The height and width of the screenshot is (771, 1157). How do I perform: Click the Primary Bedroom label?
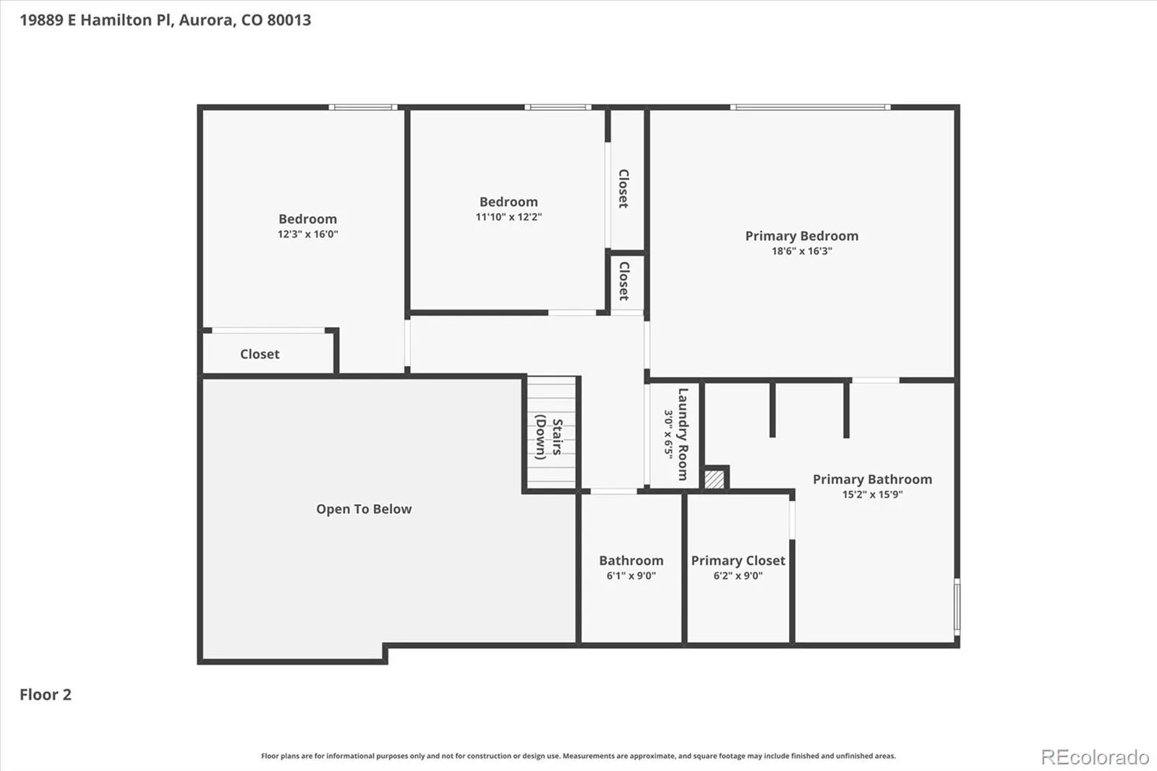pos(802,237)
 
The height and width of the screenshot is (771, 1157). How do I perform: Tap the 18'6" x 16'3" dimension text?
pos(802,251)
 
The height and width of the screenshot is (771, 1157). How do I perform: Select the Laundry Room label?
pos(683,434)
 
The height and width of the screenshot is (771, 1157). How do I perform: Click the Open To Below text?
pos(364,509)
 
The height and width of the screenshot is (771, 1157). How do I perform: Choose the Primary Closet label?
pos(738,561)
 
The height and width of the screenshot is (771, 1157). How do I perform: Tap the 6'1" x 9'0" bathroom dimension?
pos(631,576)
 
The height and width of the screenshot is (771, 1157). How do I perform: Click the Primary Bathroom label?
pos(872,480)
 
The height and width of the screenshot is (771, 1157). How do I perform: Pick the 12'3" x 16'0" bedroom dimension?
pos(308,234)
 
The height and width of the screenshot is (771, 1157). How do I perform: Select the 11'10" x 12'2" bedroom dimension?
pos(509,217)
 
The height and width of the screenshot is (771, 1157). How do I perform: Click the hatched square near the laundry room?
pos(714,479)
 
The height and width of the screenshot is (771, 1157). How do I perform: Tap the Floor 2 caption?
pos(46,694)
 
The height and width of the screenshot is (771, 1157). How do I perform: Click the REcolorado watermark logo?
pos(1095,757)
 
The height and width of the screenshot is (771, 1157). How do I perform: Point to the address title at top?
pos(166,20)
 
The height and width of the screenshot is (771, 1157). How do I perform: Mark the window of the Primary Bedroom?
pos(811,107)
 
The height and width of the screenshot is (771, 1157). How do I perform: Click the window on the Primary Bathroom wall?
pos(957,607)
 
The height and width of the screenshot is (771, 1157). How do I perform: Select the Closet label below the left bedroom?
pos(260,354)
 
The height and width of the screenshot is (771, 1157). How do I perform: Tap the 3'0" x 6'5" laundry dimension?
pos(668,434)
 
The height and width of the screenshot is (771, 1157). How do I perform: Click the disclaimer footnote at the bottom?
pos(578,756)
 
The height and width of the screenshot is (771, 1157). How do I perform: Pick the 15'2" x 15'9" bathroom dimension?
pos(872,495)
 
